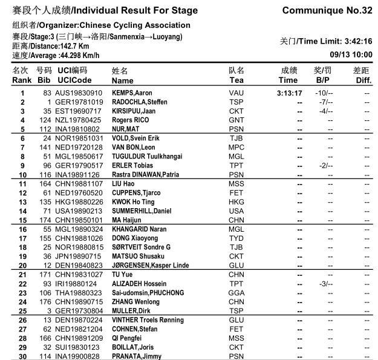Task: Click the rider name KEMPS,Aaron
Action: (x=132, y=93)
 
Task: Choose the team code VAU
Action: (x=236, y=93)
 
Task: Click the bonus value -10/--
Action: (x=324, y=93)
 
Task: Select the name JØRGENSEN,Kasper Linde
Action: (x=150, y=265)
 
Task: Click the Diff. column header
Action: (x=363, y=80)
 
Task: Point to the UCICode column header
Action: (x=74, y=80)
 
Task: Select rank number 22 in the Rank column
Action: (x=22, y=284)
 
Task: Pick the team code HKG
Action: (x=236, y=202)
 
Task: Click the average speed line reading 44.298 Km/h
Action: (x=56, y=55)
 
